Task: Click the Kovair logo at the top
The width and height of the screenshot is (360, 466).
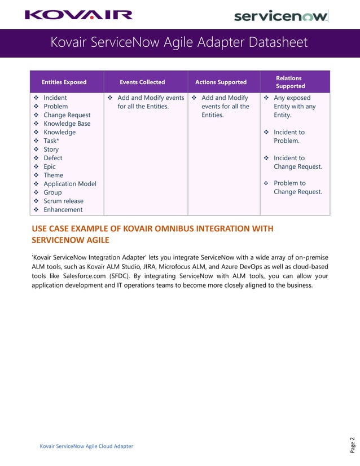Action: click(x=78, y=15)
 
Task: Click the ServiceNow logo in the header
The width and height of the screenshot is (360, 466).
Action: click(x=280, y=16)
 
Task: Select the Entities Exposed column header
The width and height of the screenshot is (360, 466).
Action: click(x=64, y=82)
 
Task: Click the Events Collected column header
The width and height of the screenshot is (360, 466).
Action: click(x=143, y=82)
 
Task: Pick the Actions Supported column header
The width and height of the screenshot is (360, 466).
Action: click(x=221, y=82)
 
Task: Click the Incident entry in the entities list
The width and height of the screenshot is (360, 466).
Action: click(x=55, y=98)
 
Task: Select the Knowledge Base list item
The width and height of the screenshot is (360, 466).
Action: click(x=67, y=124)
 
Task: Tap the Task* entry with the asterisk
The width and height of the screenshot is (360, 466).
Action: click(x=51, y=141)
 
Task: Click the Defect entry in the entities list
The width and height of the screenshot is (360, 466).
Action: click(x=53, y=159)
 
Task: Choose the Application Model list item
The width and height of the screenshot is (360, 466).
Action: click(x=70, y=184)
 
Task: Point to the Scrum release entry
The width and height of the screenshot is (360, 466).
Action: click(x=63, y=201)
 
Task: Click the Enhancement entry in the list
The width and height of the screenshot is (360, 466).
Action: click(x=63, y=210)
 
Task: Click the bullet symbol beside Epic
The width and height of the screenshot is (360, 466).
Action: click(x=37, y=167)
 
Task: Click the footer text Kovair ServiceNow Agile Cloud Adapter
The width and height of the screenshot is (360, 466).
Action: click(x=86, y=446)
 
